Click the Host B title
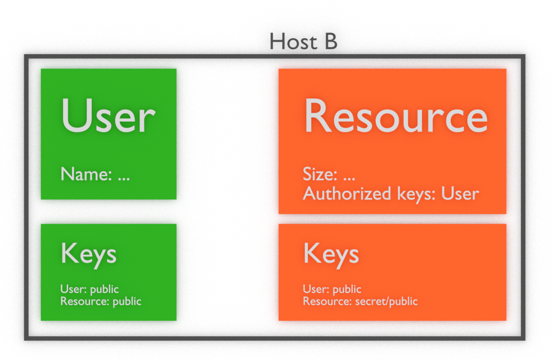coord(303,41)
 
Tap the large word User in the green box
coord(108,116)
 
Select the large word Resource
coord(396,116)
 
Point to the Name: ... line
coord(95,174)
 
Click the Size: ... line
coord(329,174)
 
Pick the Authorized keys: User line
coord(391,194)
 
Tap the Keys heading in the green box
coord(88,254)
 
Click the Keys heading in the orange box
coord(331,254)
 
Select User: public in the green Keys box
coord(90,289)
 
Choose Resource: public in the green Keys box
coord(101,301)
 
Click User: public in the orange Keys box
coord(332,289)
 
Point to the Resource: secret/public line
coord(361,301)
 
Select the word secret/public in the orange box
coord(387,302)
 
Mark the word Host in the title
coord(294,41)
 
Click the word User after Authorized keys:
coord(460,194)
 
